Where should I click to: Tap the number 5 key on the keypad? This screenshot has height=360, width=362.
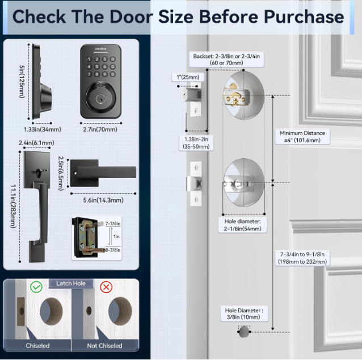pyautogui.click(x=97, y=67)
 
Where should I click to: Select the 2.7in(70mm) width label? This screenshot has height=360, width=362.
pyautogui.click(x=100, y=129)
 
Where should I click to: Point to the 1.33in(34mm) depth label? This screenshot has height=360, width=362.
pyautogui.click(x=42, y=129)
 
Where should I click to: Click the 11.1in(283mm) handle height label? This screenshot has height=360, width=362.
pyautogui.click(x=13, y=206)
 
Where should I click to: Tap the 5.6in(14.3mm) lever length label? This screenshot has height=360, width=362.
pyautogui.click(x=103, y=200)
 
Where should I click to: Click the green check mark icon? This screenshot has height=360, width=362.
pyautogui.click(x=36, y=287)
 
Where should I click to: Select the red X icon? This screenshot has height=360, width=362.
pyautogui.click(x=106, y=287)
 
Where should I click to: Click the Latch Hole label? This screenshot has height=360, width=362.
pyautogui.click(x=71, y=283)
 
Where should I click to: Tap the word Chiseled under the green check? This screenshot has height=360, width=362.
pyautogui.click(x=37, y=346)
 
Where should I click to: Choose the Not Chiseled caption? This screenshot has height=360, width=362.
pyautogui.click(x=104, y=346)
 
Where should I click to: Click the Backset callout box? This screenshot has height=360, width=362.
pyautogui.click(x=226, y=60)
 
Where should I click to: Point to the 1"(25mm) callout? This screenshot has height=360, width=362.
pyautogui.click(x=188, y=77)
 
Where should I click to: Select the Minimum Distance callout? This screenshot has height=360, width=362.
pyautogui.click(x=302, y=137)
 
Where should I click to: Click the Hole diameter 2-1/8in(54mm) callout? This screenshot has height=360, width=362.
pyautogui.click(x=242, y=225)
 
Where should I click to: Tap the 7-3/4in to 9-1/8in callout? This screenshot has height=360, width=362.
pyautogui.click(x=302, y=258)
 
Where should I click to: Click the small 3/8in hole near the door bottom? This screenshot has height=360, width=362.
pyautogui.click(x=244, y=332)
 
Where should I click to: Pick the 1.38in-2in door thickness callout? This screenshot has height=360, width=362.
pyautogui.click(x=196, y=143)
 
